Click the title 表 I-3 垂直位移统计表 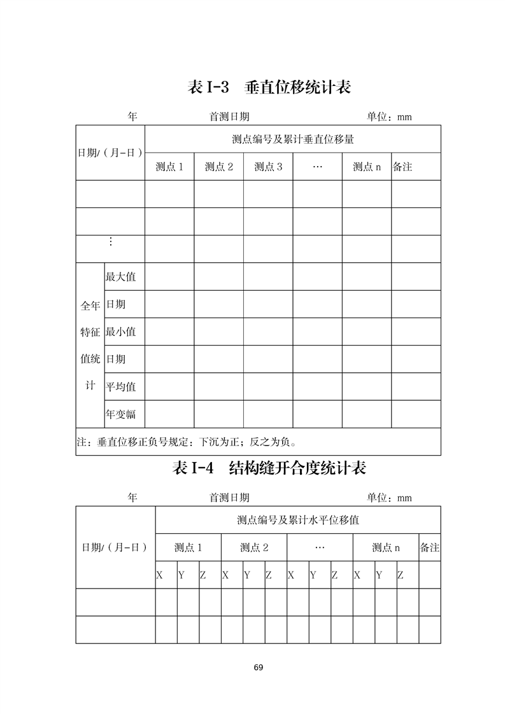tap(269, 87)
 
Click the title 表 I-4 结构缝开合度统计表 tap(269, 468)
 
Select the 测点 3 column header tap(268, 167)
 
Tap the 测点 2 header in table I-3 tap(219, 167)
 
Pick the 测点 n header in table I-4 tap(386, 547)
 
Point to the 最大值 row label tap(120, 277)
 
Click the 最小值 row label tap(120, 332)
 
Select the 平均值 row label tap(120, 386)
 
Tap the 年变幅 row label tap(120, 414)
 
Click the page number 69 tap(258, 668)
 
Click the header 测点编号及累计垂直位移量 tap(293, 139)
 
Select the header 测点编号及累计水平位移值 tap(298, 520)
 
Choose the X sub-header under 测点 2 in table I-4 tap(225, 575)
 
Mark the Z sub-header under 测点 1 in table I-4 tap(203, 575)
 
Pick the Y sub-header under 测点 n tap(379, 575)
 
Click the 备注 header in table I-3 tap(403, 167)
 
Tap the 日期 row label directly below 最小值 tap(116, 359)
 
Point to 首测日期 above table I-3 tap(229, 117)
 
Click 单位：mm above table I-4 tap(389, 498)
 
